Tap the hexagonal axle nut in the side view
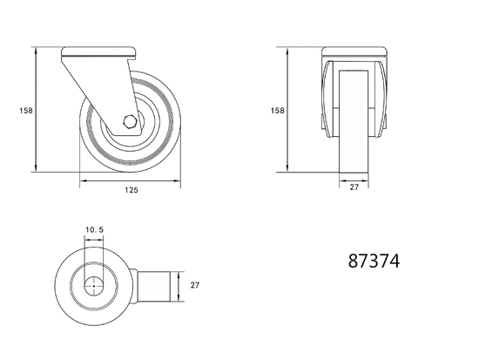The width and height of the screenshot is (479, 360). click(x=130, y=123)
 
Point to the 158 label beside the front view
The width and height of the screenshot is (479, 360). click(x=277, y=111)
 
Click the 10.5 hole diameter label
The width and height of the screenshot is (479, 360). click(x=94, y=231)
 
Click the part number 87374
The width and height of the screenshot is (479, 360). click(x=374, y=261)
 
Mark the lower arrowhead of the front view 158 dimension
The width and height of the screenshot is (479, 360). click(x=287, y=169)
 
